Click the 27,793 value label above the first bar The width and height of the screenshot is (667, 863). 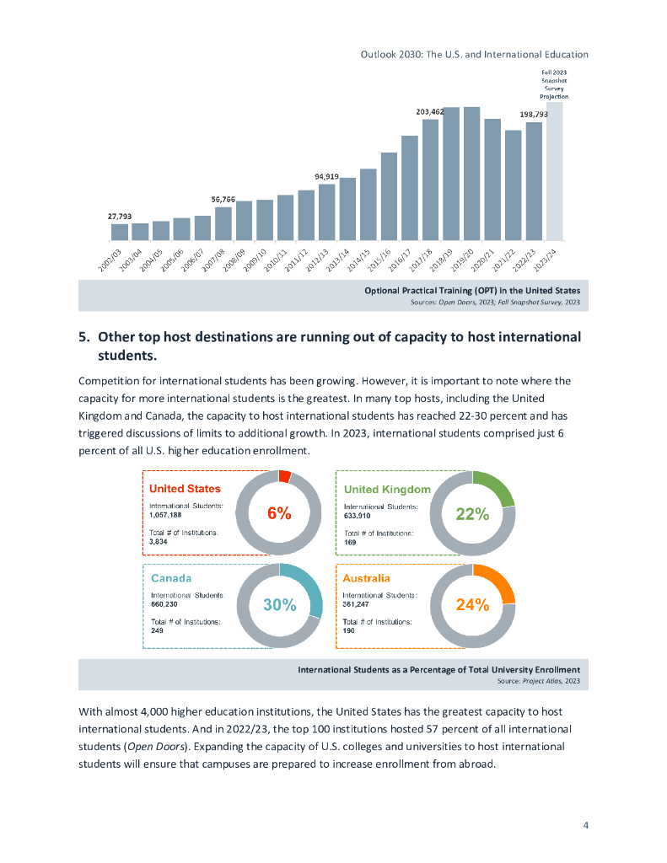click(x=119, y=217)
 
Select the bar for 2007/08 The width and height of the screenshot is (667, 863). click(x=223, y=223)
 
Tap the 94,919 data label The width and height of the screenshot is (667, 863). click(x=326, y=176)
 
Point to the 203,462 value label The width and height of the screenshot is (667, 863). click(x=430, y=111)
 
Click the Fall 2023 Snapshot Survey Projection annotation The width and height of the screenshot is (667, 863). click(x=554, y=85)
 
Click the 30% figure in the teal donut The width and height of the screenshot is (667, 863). click(x=279, y=604)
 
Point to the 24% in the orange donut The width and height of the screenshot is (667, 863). click(x=472, y=604)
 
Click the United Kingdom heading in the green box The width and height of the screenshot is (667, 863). click(x=387, y=490)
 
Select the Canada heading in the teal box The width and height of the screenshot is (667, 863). click(x=171, y=578)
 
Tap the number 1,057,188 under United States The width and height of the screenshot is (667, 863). click(x=165, y=514)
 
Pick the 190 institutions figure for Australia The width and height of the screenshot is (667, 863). click(x=348, y=630)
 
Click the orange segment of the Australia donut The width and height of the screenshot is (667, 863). click(x=500, y=581)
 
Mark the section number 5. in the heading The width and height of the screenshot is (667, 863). click(x=84, y=337)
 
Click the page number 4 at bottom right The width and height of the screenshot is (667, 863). click(x=585, y=824)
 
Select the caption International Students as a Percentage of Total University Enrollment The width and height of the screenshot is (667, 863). click(x=438, y=670)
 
